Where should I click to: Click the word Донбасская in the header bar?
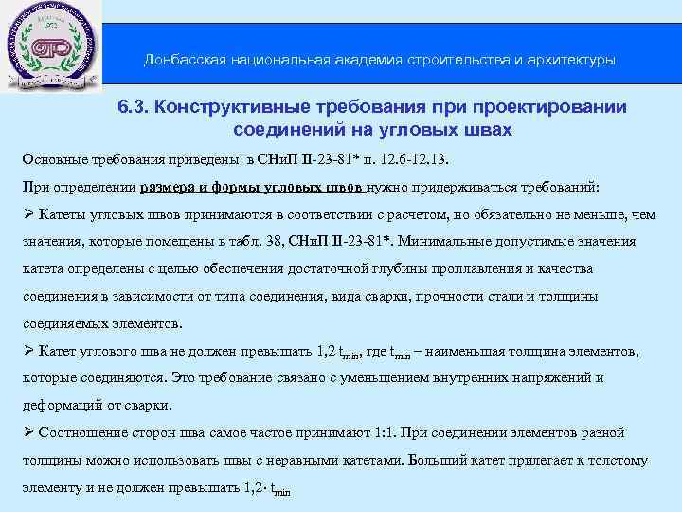[181, 60]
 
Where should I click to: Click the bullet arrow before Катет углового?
[28, 352]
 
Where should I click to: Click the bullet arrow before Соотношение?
[28, 433]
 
